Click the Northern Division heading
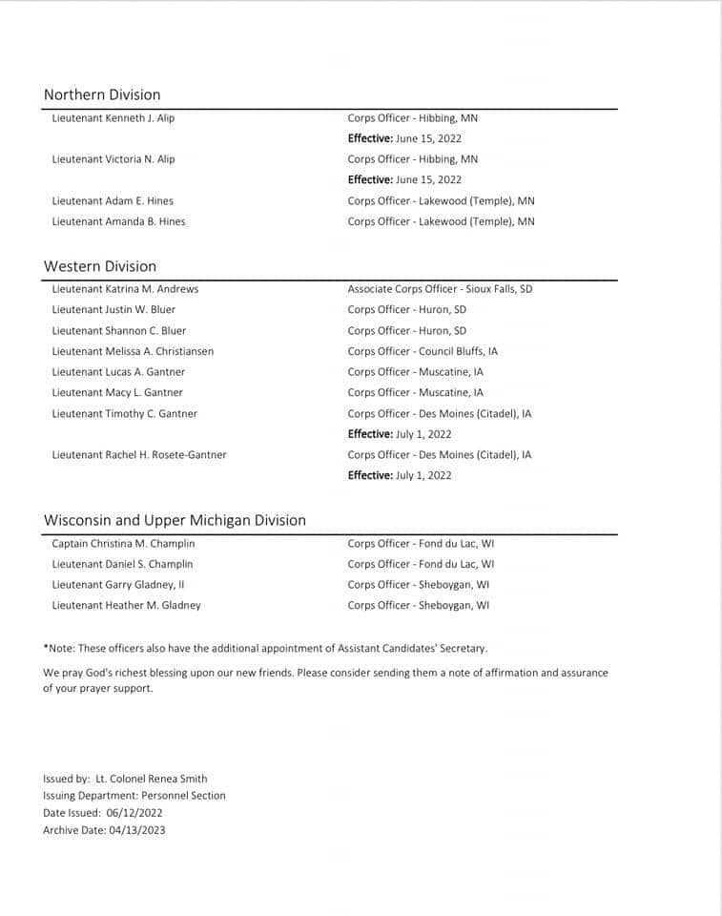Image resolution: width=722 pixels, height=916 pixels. click(x=102, y=94)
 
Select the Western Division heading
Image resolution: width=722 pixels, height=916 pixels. click(x=100, y=266)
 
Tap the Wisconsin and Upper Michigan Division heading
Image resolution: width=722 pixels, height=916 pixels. click(x=175, y=520)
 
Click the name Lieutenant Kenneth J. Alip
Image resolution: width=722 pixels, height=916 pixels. click(x=113, y=118)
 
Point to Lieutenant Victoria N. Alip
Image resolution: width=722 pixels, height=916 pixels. click(x=113, y=159)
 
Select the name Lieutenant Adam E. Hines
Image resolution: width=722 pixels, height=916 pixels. click(x=113, y=201)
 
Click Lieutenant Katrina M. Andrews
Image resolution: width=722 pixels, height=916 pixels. click(x=125, y=289)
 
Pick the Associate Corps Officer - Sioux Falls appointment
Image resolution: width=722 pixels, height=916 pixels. click(x=440, y=289)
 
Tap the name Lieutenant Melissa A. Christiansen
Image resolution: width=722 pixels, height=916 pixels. click(x=133, y=351)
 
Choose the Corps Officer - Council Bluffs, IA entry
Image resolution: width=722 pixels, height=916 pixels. click(x=423, y=351)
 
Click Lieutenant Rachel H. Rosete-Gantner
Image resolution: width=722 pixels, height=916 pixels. click(x=139, y=455)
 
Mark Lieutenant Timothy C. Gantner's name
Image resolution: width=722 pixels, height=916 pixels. click(x=125, y=414)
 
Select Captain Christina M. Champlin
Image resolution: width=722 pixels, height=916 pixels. click(x=123, y=544)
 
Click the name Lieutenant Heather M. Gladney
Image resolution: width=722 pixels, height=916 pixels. click(x=127, y=606)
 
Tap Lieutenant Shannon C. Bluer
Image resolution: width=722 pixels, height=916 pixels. click(x=119, y=331)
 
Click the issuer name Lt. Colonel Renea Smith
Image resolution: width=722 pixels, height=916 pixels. click(x=152, y=779)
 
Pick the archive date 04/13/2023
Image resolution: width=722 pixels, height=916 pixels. click(x=137, y=830)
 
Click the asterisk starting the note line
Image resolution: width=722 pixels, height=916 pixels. click(x=46, y=648)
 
